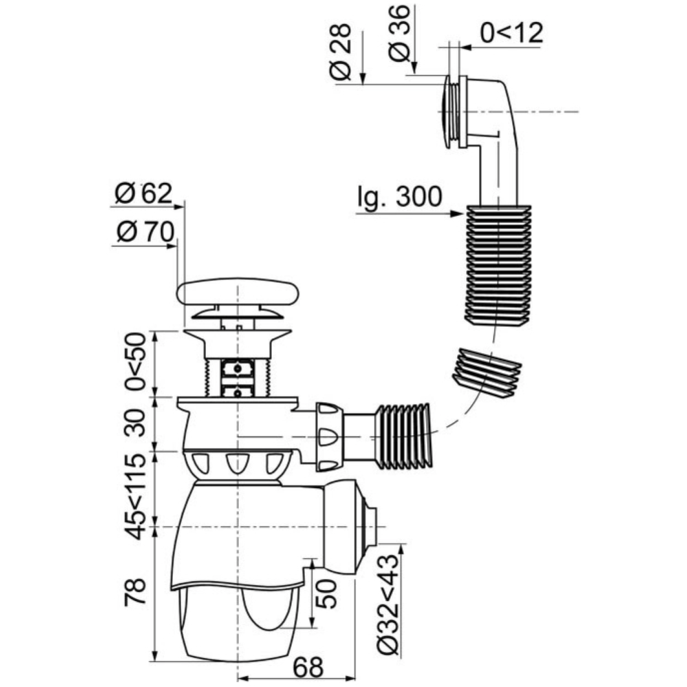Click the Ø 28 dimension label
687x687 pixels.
pyautogui.click(x=341, y=52)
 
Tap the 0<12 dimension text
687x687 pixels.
pyautogui.click(x=512, y=32)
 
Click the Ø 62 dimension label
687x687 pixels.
pyautogui.click(x=144, y=193)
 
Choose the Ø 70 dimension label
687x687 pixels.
pyautogui.click(x=146, y=232)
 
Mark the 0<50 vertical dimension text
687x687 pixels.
pyautogui.click(x=135, y=361)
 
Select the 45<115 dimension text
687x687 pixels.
pyautogui.click(x=135, y=497)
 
